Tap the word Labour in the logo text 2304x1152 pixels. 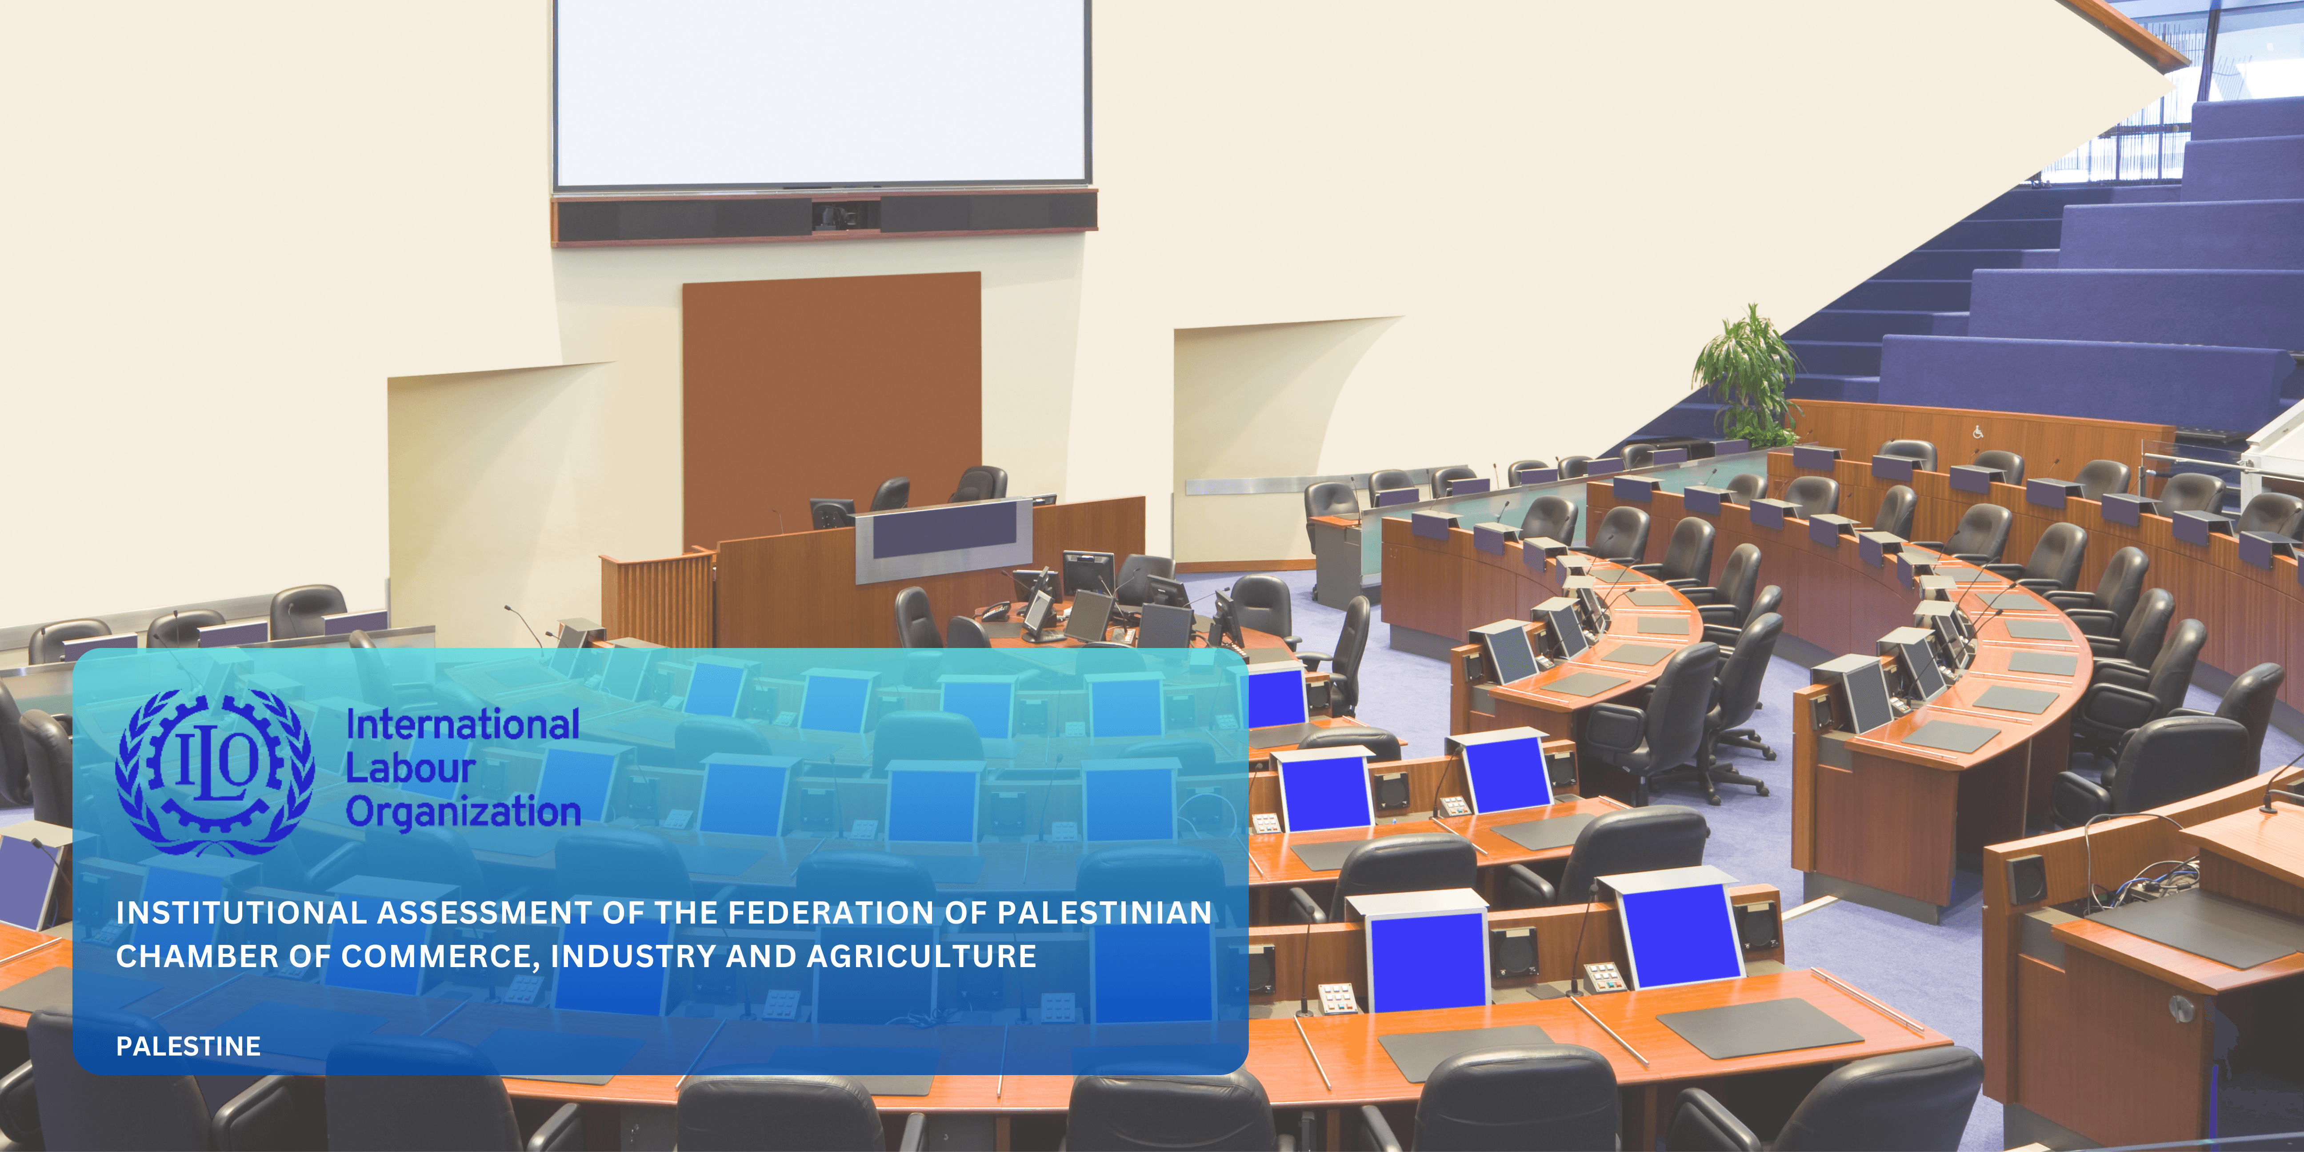pyautogui.click(x=411, y=768)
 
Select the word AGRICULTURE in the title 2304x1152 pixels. pyautogui.click(x=922, y=956)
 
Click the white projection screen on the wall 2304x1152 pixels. pyautogui.click(x=821, y=92)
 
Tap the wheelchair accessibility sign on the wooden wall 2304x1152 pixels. pyautogui.click(x=1978, y=432)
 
